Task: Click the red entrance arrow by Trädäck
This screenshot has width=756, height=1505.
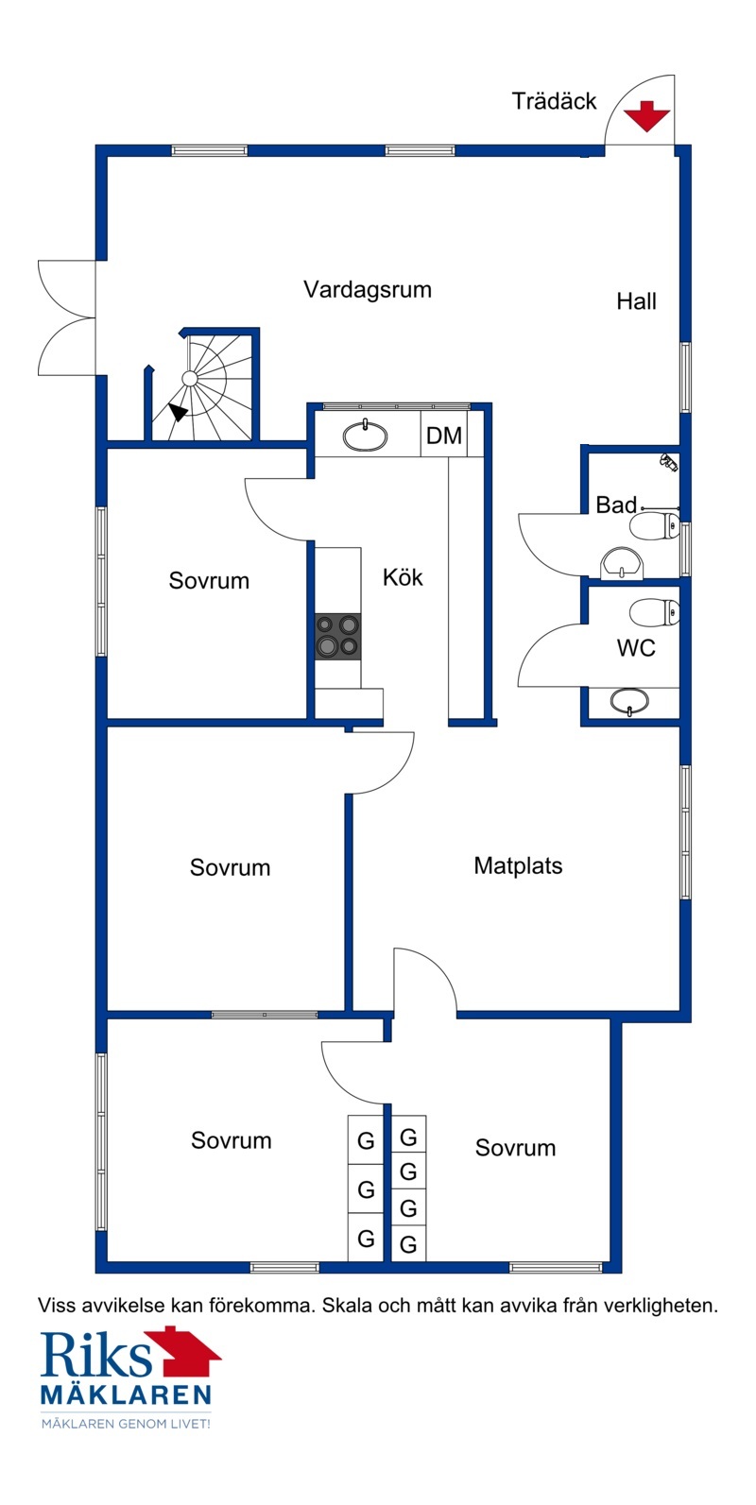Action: [x=646, y=115]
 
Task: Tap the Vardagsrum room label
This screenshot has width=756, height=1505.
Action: [x=368, y=290]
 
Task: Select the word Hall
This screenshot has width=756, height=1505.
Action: [x=636, y=301]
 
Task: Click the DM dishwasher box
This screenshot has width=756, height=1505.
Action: [x=443, y=436]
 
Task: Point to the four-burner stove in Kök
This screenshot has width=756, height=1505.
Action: [x=338, y=636]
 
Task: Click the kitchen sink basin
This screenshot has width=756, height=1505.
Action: [x=366, y=436]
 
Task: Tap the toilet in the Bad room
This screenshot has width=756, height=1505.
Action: [x=655, y=525]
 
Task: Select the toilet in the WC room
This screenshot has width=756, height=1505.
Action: [x=655, y=612]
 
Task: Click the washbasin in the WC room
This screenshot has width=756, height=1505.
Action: [x=629, y=701]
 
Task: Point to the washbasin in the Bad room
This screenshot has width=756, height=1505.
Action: [x=622, y=563]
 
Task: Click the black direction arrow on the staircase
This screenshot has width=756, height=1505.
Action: [x=178, y=411]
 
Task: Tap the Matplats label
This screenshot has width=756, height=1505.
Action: [x=518, y=865]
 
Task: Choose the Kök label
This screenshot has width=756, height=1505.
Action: [x=403, y=577]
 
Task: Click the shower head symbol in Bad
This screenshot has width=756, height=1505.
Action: [x=668, y=462]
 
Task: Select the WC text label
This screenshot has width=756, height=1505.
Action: [x=636, y=648]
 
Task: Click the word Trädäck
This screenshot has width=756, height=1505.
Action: [x=555, y=101]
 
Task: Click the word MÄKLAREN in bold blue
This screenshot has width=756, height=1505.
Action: [x=127, y=1394]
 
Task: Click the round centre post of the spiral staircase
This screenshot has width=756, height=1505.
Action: [x=190, y=378]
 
